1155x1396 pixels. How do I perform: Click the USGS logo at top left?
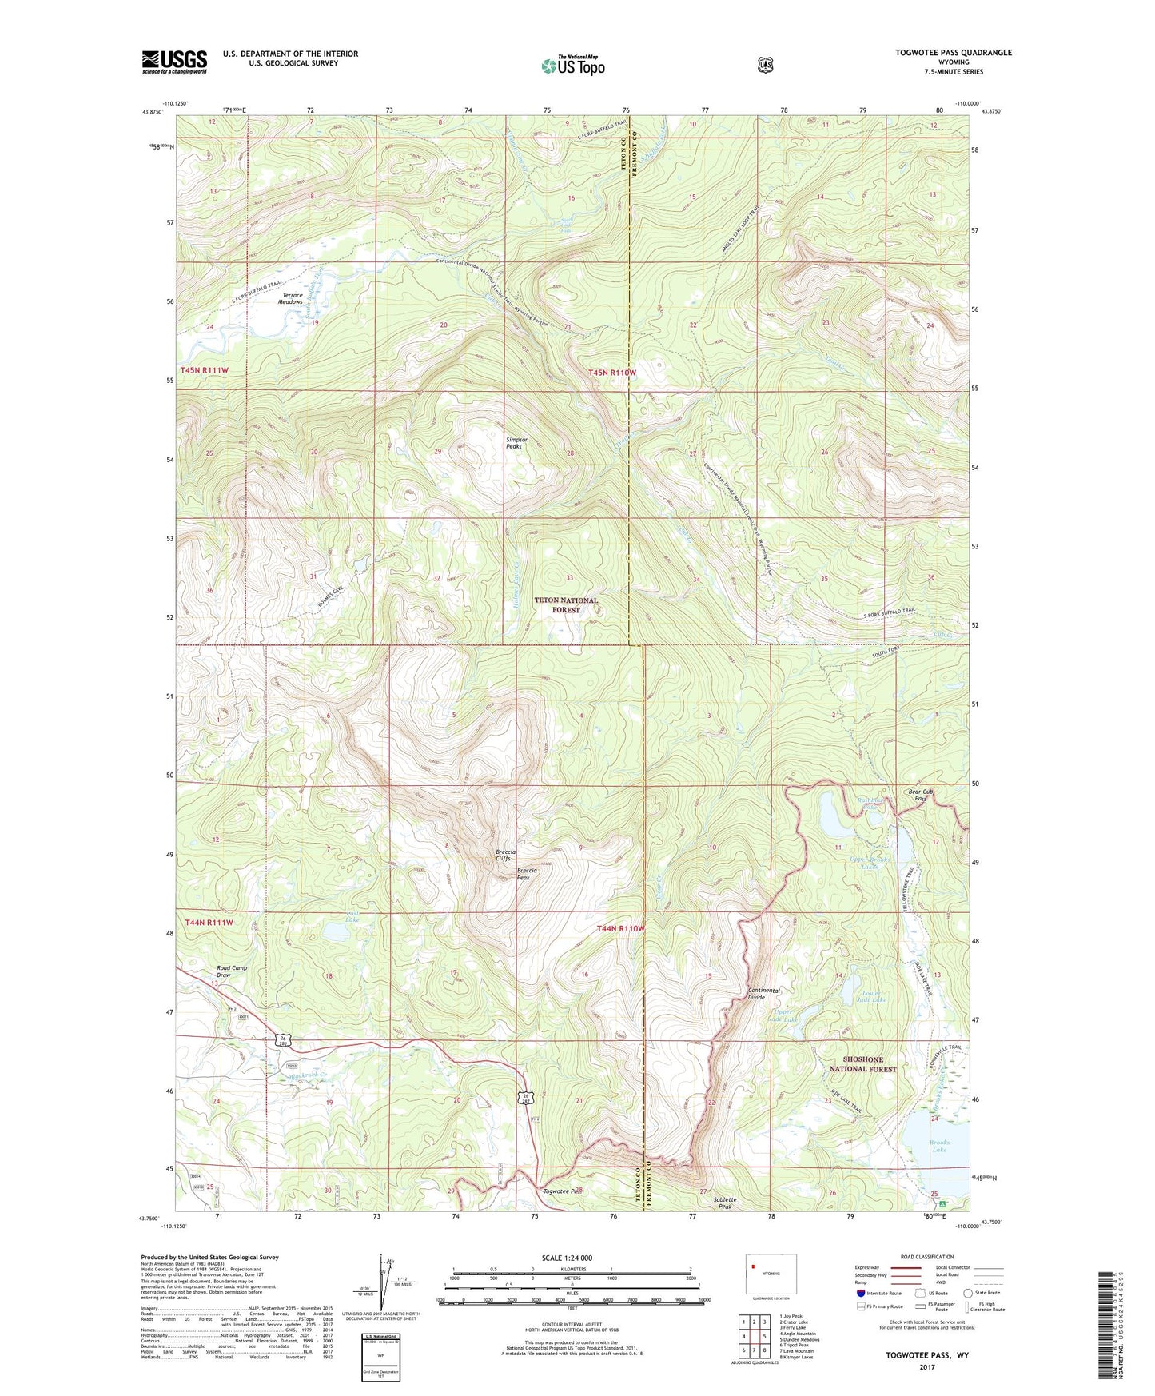tap(174, 62)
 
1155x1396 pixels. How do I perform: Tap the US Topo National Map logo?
tap(572, 65)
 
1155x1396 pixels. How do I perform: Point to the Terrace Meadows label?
tap(290, 298)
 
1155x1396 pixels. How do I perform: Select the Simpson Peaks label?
tap(514, 443)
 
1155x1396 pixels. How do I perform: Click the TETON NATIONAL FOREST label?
tap(566, 604)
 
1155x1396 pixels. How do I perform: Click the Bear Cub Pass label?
tap(921, 796)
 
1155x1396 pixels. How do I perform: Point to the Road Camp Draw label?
tap(232, 971)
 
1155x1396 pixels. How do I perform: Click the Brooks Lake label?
tap(938, 1146)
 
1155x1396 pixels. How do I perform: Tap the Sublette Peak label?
tap(725, 1203)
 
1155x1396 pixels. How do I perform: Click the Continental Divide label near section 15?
tap(763, 994)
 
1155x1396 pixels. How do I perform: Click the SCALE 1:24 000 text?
tap(567, 1258)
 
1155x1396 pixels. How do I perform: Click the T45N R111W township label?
tap(205, 370)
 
